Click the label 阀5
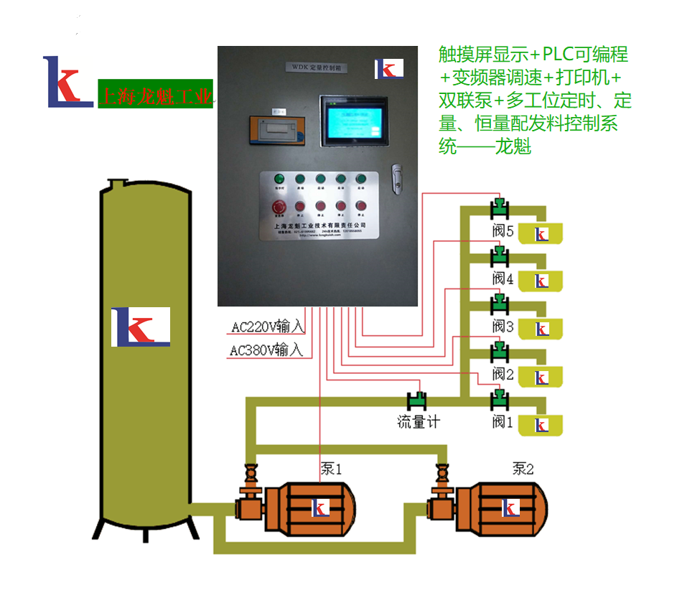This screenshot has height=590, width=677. [503, 232]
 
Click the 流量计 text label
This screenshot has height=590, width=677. [419, 421]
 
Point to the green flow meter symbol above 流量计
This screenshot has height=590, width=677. [416, 399]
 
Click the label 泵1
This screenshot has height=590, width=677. [331, 469]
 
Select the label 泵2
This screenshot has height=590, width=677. [523, 469]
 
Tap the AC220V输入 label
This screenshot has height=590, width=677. [268, 327]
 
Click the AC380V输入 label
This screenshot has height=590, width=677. [266, 351]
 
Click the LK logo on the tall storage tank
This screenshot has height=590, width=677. [141, 327]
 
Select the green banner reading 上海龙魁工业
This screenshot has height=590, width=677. [155, 94]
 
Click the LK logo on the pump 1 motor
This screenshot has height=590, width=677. [319, 508]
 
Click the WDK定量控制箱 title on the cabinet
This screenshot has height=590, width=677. [316, 66]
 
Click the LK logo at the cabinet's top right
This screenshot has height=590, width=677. [389, 69]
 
